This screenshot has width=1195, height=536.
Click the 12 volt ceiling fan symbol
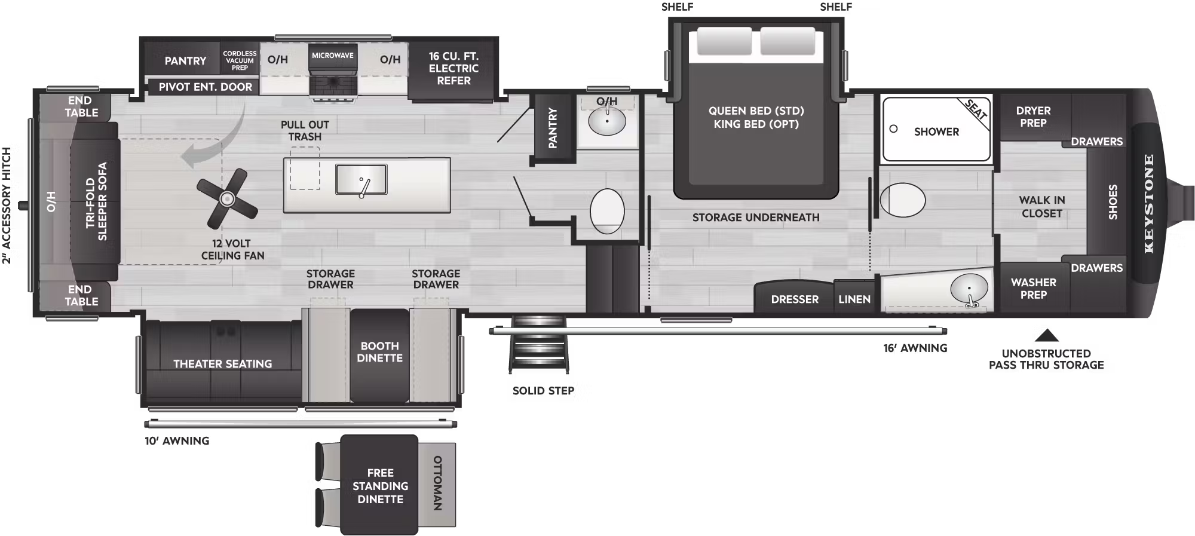(227, 198)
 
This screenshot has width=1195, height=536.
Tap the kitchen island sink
(361, 179)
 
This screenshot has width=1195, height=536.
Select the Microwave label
(333, 56)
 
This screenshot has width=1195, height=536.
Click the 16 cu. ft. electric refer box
(454, 69)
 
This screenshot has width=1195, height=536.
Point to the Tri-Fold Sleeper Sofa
(96, 201)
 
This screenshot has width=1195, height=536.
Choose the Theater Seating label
(222, 364)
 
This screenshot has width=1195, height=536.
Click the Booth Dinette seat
(380, 355)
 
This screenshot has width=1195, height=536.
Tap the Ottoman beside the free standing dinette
(437, 483)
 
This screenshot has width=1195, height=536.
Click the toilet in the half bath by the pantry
(607, 211)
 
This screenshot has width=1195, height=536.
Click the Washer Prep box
(1033, 289)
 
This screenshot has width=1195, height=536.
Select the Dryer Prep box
(1033, 117)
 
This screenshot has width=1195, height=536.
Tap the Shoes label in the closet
(1113, 202)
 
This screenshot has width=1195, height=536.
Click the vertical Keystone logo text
(1148, 203)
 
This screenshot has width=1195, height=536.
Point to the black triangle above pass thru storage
(1046, 336)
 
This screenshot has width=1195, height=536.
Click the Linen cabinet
(854, 299)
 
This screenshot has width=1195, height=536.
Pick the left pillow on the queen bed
(725, 42)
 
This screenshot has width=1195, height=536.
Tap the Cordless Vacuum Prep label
(240, 60)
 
